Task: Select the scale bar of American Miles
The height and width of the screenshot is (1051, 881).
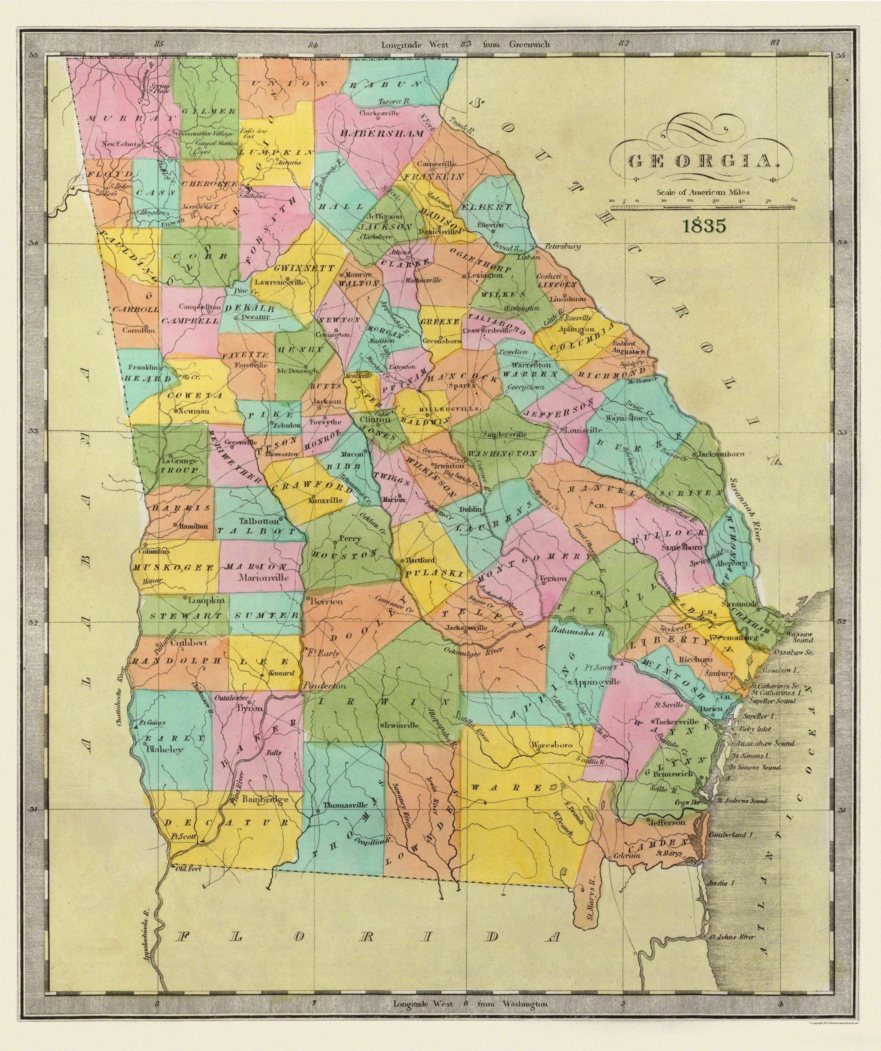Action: [x=703, y=206]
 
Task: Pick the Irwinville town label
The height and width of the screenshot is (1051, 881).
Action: [x=396, y=724]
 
